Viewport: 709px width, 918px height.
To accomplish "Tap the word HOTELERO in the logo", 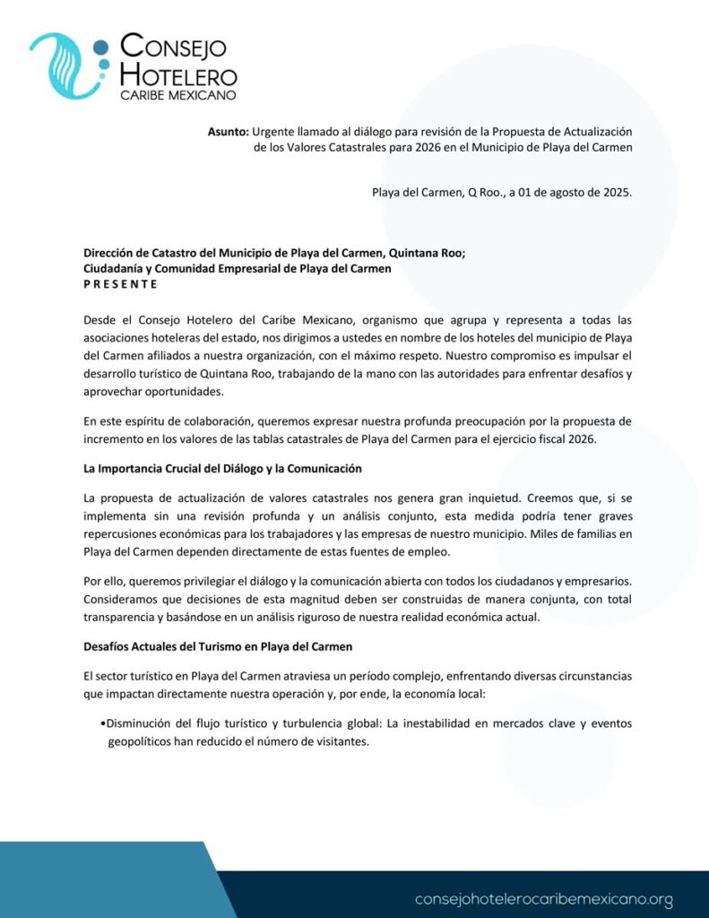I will tap(178, 75).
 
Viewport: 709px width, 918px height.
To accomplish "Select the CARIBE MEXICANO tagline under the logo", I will tap(178, 94).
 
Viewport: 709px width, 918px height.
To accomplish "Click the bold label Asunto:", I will tap(228, 131).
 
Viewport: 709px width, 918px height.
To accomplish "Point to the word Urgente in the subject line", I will tap(274, 131).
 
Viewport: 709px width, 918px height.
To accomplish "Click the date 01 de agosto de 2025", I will tap(577, 192).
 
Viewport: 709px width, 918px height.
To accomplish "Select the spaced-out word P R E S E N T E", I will tap(120, 284).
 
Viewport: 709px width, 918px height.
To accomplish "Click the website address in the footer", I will tap(544, 898).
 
